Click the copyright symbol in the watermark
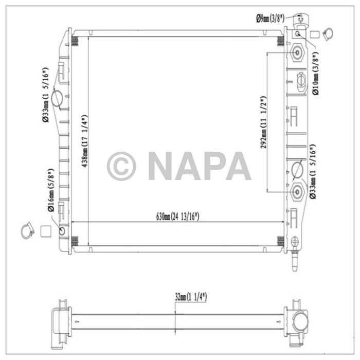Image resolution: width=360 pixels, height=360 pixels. (x=121, y=166)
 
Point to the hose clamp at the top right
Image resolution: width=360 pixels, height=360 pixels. (x=327, y=34)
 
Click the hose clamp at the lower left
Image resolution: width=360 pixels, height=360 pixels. (x=27, y=231)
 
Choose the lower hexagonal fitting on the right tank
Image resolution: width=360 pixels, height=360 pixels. (x=297, y=191)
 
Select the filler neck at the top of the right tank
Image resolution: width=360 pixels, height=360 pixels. (x=300, y=22)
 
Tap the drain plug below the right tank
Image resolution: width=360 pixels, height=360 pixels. (x=294, y=257)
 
